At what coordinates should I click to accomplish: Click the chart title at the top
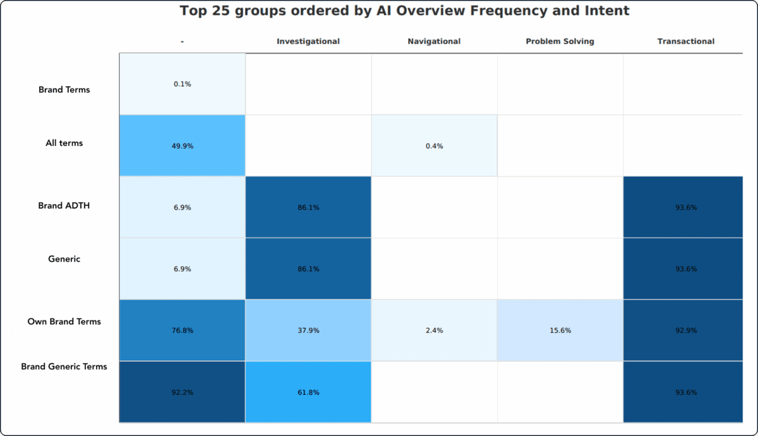404,11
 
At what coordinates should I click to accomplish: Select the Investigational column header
308,42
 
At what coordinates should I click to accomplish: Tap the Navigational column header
434,42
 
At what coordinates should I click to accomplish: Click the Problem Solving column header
560,42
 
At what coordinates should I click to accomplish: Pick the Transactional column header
685,42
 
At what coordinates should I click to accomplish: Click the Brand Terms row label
64,90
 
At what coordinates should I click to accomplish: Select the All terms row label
64,143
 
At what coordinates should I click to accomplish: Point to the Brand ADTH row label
64,205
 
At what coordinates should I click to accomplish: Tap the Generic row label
64,259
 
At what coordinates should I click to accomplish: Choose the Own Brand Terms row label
64,322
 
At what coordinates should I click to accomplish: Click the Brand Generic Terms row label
64,366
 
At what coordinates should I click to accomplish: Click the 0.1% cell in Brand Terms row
183,84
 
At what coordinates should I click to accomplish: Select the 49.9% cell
183,146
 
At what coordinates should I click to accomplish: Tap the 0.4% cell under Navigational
434,146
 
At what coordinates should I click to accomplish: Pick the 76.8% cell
183,330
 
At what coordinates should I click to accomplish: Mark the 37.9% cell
308,330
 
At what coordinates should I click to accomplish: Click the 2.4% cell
434,330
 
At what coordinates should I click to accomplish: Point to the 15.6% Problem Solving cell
560,330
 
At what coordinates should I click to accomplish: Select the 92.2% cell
183,392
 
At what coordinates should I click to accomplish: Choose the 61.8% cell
308,392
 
